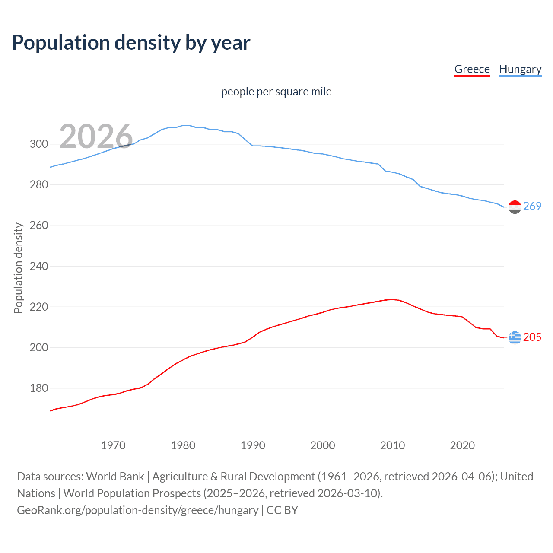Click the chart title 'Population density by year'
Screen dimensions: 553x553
click(131, 43)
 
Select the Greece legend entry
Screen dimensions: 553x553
click(472, 69)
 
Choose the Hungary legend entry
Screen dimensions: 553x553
click(520, 69)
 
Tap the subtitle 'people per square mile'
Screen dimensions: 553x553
click(276, 92)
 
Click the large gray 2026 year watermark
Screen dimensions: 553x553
click(96, 136)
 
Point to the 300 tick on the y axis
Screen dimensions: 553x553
click(39, 144)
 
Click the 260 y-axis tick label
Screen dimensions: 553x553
click(39, 226)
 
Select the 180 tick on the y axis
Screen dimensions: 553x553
click(39, 388)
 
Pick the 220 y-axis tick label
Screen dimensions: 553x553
click(39, 307)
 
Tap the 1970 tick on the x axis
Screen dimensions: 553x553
click(113, 445)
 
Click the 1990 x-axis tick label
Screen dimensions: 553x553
click(253, 445)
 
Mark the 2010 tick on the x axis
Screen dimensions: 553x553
click(392, 445)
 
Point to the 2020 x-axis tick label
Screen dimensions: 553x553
click(462, 445)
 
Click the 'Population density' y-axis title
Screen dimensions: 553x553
click(18, 268)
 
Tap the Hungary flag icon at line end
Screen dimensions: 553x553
click(515, 207)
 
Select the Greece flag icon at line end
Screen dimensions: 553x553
click(515, 337)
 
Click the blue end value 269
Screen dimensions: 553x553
click(532, 207)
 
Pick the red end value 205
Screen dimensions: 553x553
click(532, 337)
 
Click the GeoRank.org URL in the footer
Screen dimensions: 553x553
click(137, 510)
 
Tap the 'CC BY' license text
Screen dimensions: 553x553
click(282, 510)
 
